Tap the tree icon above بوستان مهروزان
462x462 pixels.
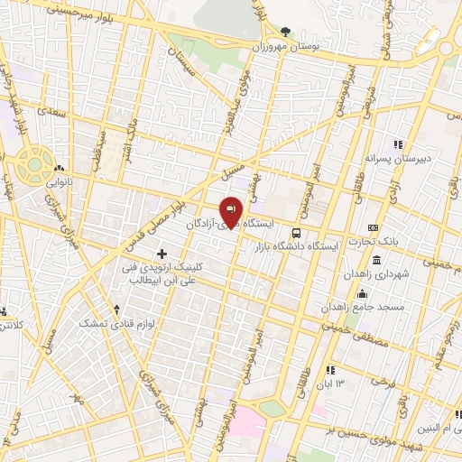tap(286, 31)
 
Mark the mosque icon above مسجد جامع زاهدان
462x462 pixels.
tap(363, 294)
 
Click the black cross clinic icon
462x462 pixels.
tap(162, 254)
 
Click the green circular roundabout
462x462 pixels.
tap(33, 165)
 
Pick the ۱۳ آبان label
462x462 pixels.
tap(333, 383)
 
